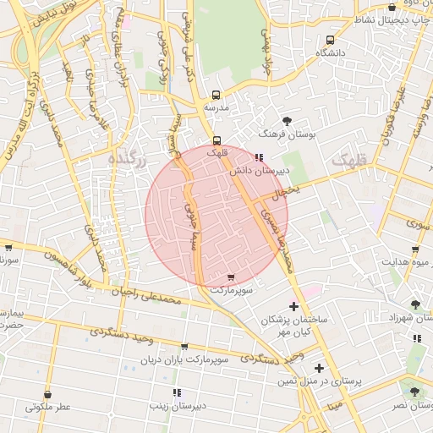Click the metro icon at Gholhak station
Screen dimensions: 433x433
[x=216, y=140]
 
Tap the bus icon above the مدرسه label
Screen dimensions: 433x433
[x=216, y=95]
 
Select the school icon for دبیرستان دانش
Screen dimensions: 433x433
[x=259, y=156]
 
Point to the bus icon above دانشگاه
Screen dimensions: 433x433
[x=329, y=39]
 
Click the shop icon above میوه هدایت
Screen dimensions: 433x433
[x=414, y=249]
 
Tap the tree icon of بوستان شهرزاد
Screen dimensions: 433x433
[x=414, y=304]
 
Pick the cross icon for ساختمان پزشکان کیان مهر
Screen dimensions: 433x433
[x=293, y=305]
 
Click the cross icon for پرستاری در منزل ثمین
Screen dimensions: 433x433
[x=318, y=368]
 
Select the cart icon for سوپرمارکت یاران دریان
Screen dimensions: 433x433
[x=184, y=347]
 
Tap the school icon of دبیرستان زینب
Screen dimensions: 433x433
[x=177, y=392]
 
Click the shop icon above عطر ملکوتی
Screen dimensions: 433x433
[x=47, y=394]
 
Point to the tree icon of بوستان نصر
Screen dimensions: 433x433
[x=414, y=392]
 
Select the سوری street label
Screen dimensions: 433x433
[x=418, y=224]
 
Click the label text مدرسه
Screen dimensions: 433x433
[x=216, y=109]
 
